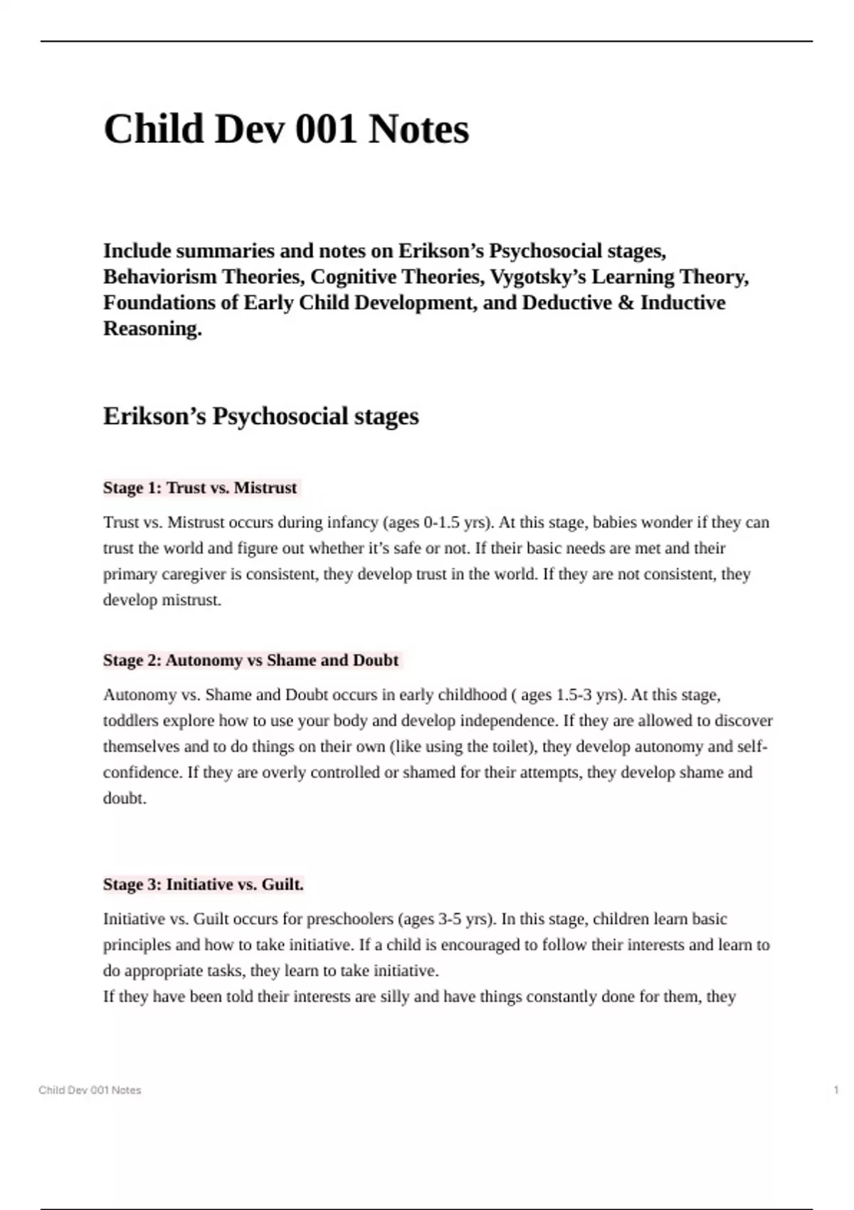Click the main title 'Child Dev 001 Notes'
286,130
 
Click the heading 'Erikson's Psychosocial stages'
260,416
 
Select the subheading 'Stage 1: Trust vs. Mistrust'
200,488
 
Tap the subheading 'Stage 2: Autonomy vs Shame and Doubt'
251,661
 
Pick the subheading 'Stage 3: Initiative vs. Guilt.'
204,885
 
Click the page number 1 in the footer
835,1090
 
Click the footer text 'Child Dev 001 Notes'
90,1090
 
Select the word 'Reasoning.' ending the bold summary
152,329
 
